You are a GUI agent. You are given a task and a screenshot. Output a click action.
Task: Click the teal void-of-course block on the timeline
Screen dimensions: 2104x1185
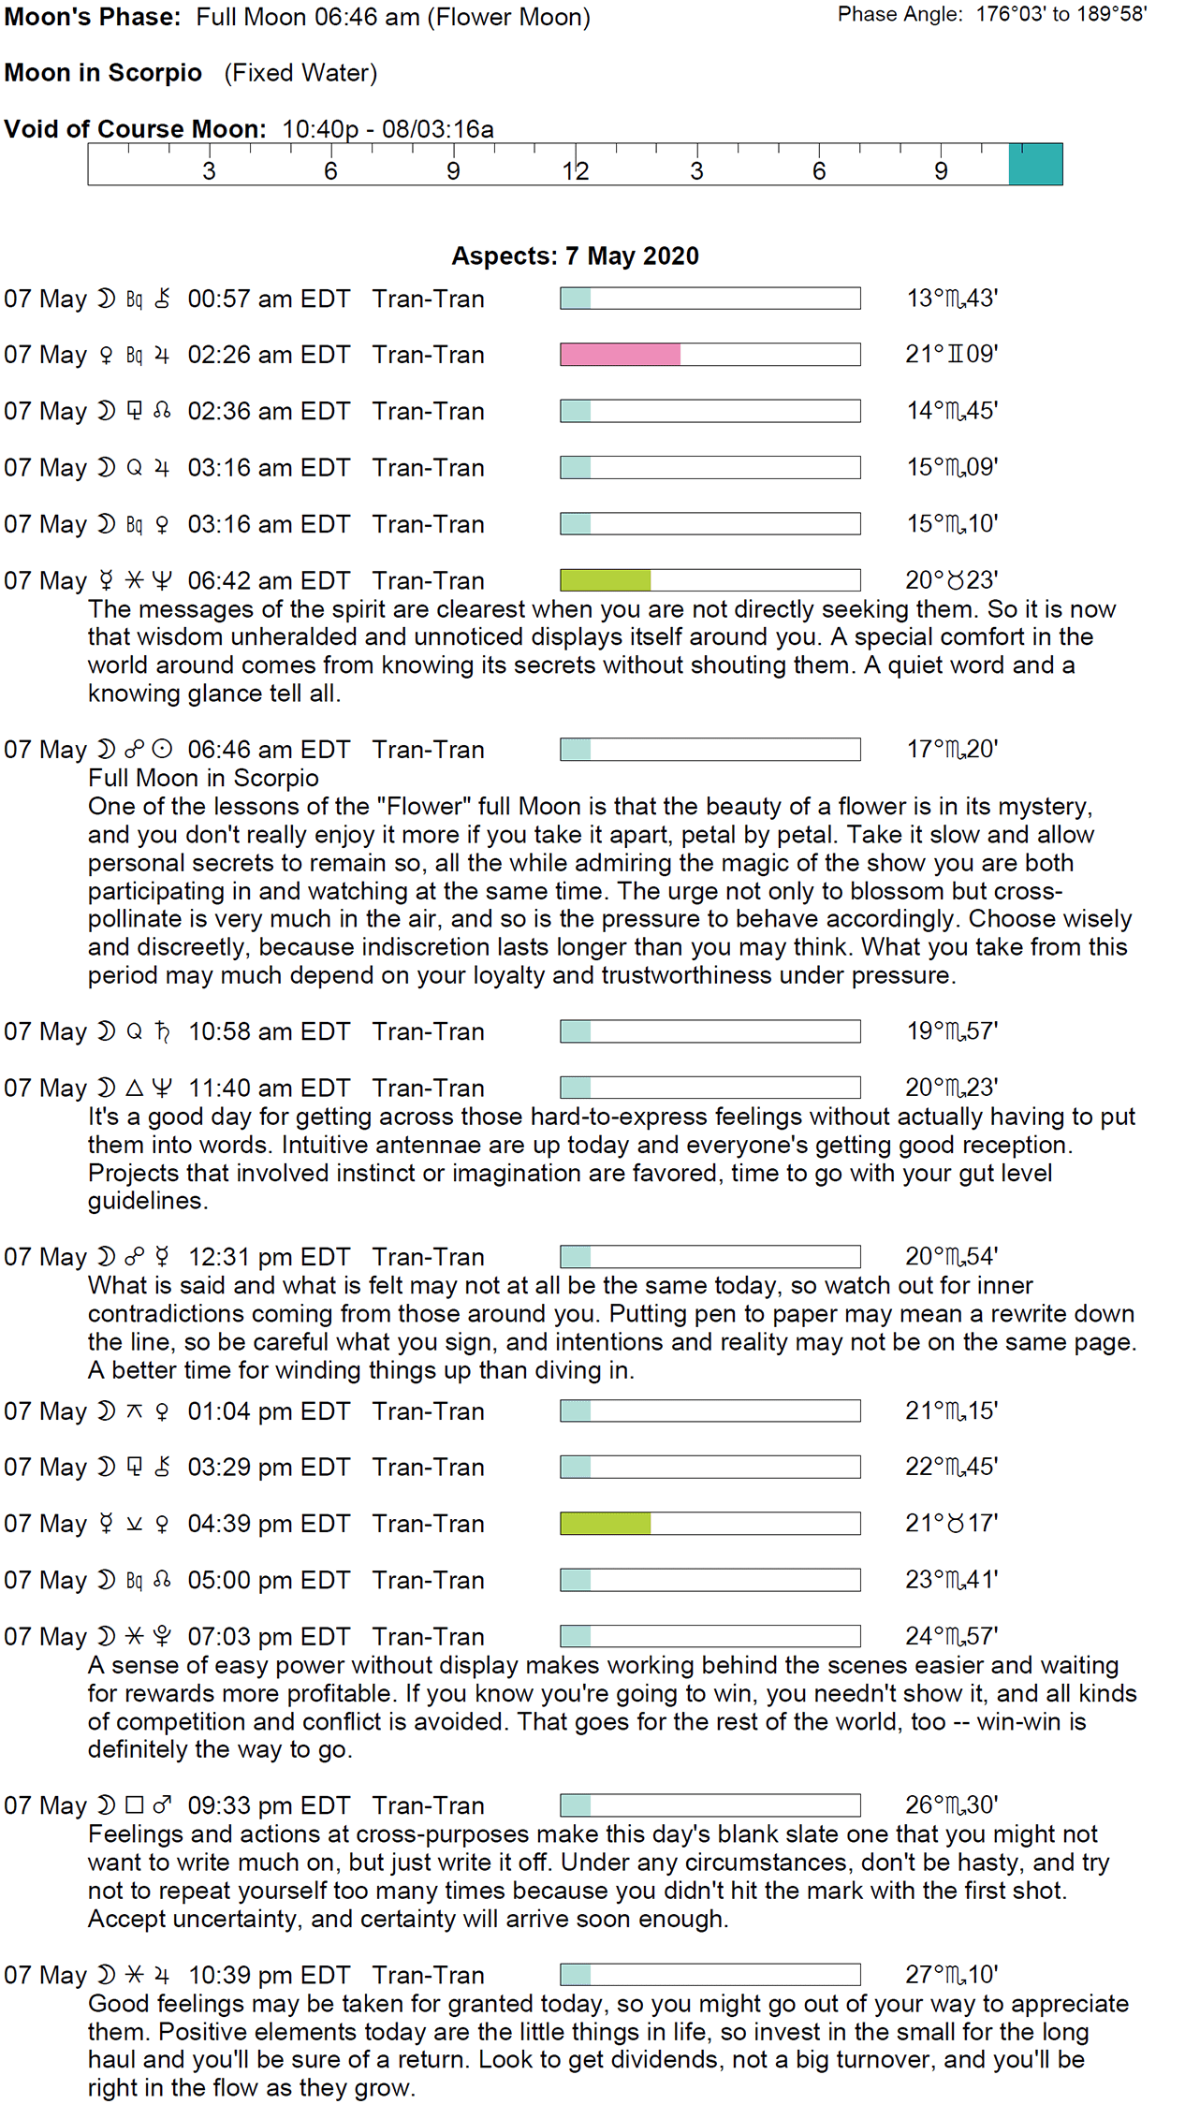pyautogui.click(x=1035, y=165)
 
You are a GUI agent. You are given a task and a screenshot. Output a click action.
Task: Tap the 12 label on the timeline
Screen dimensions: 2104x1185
pyautogui.click(x=575, y=171)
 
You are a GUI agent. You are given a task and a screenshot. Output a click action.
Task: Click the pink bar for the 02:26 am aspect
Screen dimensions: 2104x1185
pyautogui.click(x=620, y=354)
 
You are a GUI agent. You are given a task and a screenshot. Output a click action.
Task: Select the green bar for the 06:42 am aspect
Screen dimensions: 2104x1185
pyautogui.click(x=605, y=580)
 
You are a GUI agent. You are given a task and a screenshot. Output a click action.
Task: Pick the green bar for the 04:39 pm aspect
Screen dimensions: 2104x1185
pyautogui.click(x=605, y=1524)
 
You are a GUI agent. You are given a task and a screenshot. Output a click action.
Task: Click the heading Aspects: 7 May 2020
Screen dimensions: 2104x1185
pyautogui.click(x=575, y=256)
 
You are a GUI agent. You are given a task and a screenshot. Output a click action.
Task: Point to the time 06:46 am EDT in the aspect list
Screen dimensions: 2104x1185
pyautogui.click(x=269, y=750)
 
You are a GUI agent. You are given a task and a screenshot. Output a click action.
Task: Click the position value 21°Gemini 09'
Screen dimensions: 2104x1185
pyautogui.click(x=951, y=355)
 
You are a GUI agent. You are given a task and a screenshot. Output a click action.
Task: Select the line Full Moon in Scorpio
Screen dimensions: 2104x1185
pyautogui.click(x=203, y=778)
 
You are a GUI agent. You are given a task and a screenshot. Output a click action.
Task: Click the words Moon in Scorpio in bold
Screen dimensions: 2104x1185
pyautogui.click(x=103, y=73)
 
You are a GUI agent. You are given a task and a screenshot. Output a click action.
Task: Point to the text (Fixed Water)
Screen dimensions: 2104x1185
pyautogui.click(x=300, y=73)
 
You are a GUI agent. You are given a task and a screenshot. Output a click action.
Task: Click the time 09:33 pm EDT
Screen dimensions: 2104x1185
pyautogui.click(x=269, y=1805)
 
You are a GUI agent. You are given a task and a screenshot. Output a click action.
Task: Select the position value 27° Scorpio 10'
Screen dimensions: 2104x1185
pyautogui.click(x=951, y=1975)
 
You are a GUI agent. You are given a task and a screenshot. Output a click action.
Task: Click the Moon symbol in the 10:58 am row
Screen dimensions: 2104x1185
pyautogui.click(x=107, y=1031)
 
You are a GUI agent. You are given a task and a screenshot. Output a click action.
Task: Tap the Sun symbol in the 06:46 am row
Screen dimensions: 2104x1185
pyautogui.click(x=162, y=750)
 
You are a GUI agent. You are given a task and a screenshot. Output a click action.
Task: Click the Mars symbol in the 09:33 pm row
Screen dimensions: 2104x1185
pyautogui.click(x=162, y=1805)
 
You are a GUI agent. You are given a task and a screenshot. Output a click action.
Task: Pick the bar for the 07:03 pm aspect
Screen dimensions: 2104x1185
pyautogui.click(x=710, y=1636)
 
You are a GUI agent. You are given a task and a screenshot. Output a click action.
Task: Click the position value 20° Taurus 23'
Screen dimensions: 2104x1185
pyautogui.click(x=951, y=580)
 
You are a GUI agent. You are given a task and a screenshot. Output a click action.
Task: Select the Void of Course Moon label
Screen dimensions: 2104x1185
pyautogui.click(x=135, y=129)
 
